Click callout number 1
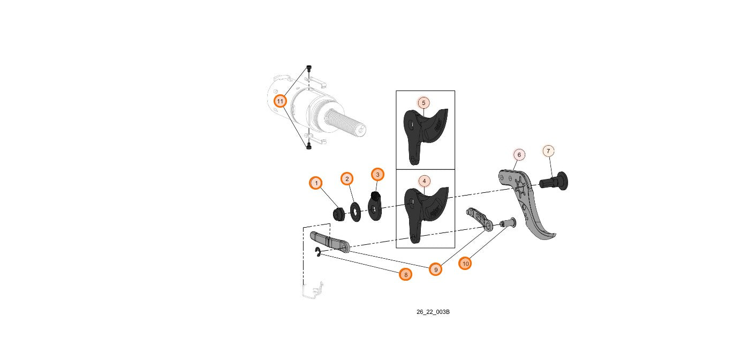[316, 183]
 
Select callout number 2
[347, 178]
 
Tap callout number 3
[377, 174]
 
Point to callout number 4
[424, 181]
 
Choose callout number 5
[423, 102]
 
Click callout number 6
[519, 155]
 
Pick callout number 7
[548, 151]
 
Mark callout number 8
[406, 274]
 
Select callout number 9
[436, 269]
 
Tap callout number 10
[465, 263]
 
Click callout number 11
[280, 101]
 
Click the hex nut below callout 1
[338, 214]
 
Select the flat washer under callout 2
[355, 212]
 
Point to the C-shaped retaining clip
[318, 252]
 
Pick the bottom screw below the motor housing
[308, 146]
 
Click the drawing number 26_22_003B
[433, 312]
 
